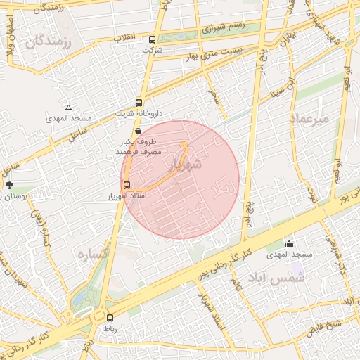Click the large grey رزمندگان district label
coord(50,41)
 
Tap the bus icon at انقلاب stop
coord(152,39)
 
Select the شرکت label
coord(151,51)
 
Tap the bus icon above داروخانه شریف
coord(139,103)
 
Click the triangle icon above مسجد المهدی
coord(68,108)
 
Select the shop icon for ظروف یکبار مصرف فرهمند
coord(137,131)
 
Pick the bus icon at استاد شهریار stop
coord(127,184)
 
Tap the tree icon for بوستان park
coord(9,186)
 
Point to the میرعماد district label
coord(309,119)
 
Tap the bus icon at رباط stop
coord(110,318)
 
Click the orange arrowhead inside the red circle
coord(185,145)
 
